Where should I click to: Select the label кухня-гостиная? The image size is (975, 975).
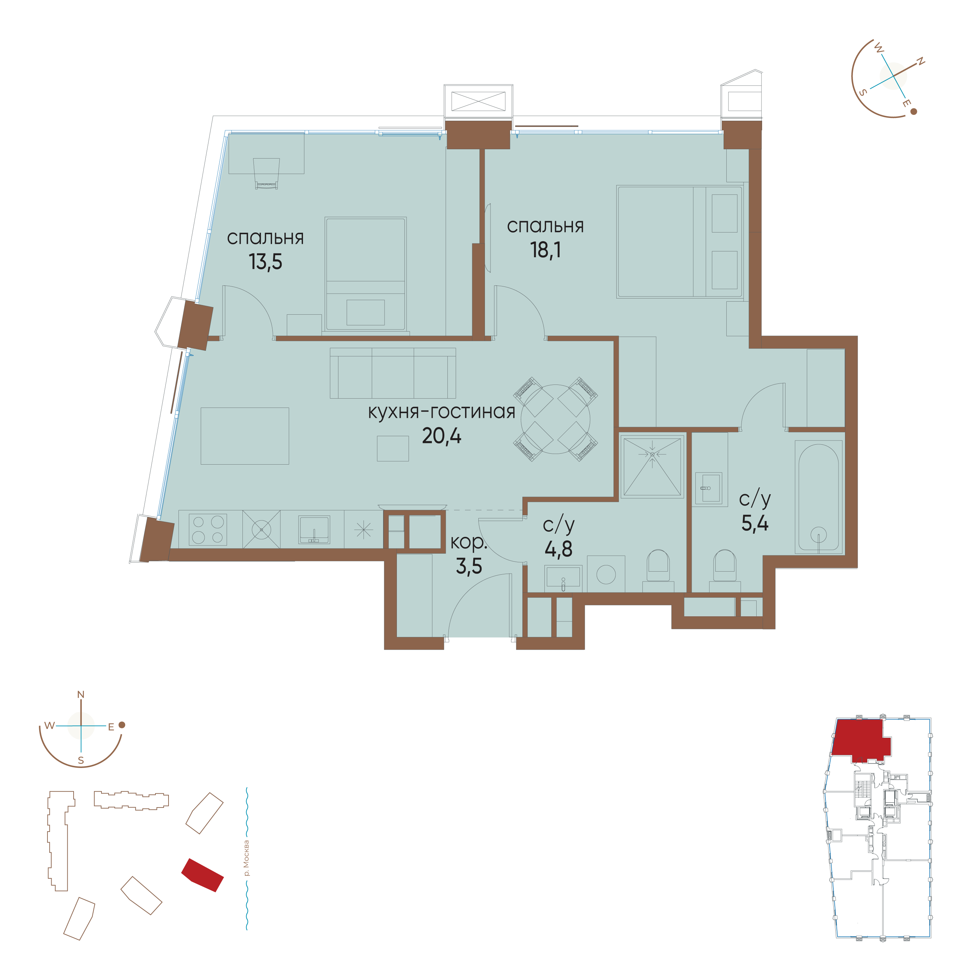pyautogui.click(x=441, y=412)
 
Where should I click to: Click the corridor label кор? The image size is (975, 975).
pyautogui.click(x=468, y=542)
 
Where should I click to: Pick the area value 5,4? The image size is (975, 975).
pyautogui.click(x=755, y=523)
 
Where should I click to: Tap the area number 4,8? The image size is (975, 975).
pyautogui.click(x=558, y=549)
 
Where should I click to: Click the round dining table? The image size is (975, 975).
pyautogui.click(x=555, y=419)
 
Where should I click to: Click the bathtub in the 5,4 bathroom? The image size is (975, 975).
pyautogui.click(x=818, y=497)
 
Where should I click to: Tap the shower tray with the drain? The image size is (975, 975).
pyautogui.click(x=652, y=466)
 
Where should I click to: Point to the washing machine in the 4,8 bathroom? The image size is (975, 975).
pyautogui.click(x=606, y=574)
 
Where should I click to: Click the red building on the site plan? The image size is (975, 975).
pyautogui.click(x=202, y=875)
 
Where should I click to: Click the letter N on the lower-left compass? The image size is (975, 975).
pyautogui.click(x=81, y=695)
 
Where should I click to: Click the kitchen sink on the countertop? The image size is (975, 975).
pyautogui.click(x=314, y=529)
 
